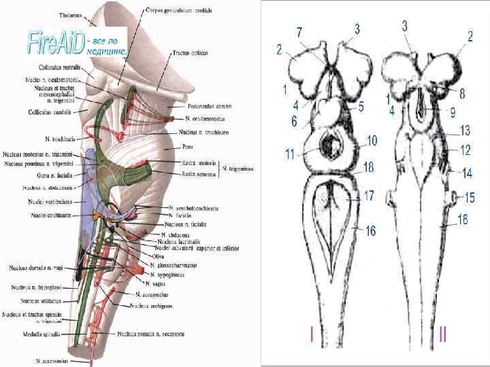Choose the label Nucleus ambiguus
(x=150, y=306)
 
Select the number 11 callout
(x=291, y=154)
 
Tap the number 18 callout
(x=368, y=167)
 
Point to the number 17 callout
(x=369, y=195)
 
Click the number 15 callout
(x=469, y=198)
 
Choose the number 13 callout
(x=465, y=130)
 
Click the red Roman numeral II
(x=443, y=334)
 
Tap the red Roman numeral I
(x=311, y=334)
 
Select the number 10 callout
(x=372, y=141)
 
